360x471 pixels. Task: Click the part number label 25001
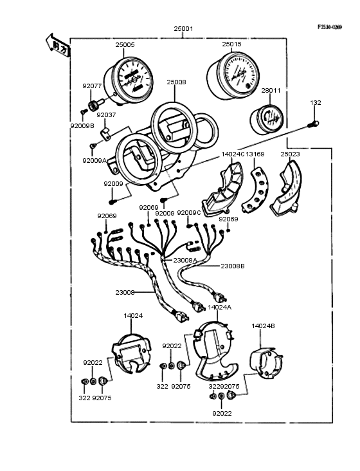(x=183, y=30)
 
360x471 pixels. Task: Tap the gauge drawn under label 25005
(x=132, y=79)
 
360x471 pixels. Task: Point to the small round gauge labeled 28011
(x=265, y=120)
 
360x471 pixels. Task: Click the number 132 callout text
(x=316, y=102)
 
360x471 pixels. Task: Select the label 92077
(x=92, y=85)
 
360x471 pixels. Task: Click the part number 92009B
(x=82, y=125)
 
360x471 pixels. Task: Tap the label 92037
(x=106, y=115)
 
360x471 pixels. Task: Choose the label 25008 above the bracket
(x=176, y=82)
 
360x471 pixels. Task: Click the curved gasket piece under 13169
(x=257, y=191)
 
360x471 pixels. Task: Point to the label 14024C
(x=232, y=154)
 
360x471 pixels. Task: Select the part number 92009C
(x=189, y=212)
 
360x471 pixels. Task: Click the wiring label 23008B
(x=232, y=266)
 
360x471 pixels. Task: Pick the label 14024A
(x=220, y=308)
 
